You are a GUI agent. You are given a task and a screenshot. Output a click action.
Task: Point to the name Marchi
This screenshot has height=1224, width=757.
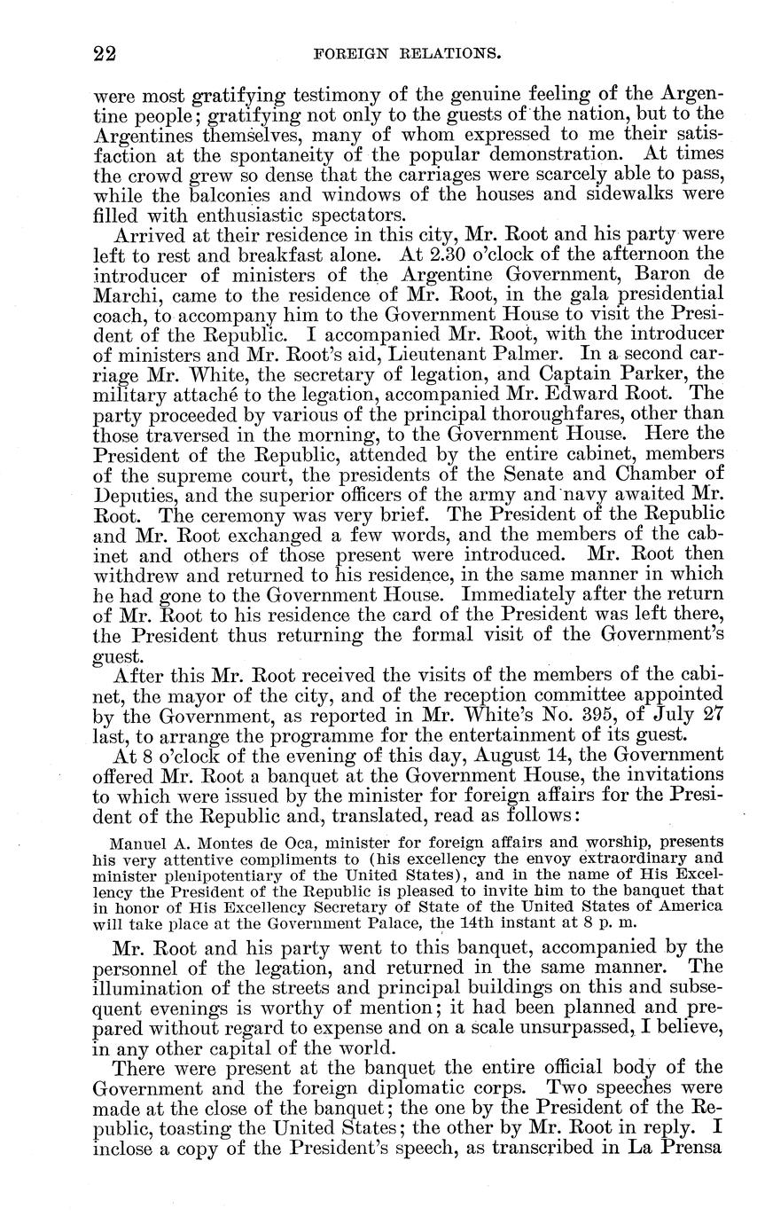[121, 294]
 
